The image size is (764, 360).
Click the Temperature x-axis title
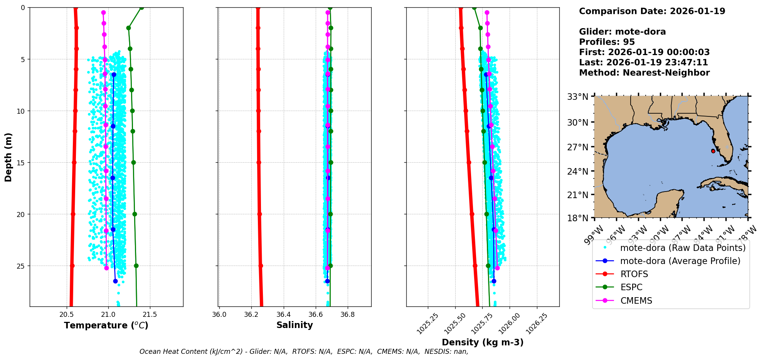point(106,325)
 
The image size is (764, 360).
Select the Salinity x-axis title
point(294,325)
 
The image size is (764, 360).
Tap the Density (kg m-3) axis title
point(483,342)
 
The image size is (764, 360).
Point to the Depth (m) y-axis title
point(8,157)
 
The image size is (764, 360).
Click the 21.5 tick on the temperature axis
point(150,315)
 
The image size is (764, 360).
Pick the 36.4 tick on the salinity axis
point(283,315)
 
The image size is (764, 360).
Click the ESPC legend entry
point(631,287)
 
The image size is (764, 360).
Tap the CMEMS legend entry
point(636,301)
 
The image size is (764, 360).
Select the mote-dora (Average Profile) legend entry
point(680,261)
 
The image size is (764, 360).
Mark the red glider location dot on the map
point(713,151)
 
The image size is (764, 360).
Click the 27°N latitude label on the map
point(578,147)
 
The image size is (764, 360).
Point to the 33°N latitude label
point(578,96)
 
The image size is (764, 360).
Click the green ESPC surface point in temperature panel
point(141,8)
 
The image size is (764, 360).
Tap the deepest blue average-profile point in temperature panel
point(115,281)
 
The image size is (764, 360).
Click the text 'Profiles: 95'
point(607,42)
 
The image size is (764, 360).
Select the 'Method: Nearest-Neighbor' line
point(644,72)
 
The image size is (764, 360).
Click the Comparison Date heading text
point(652,11)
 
